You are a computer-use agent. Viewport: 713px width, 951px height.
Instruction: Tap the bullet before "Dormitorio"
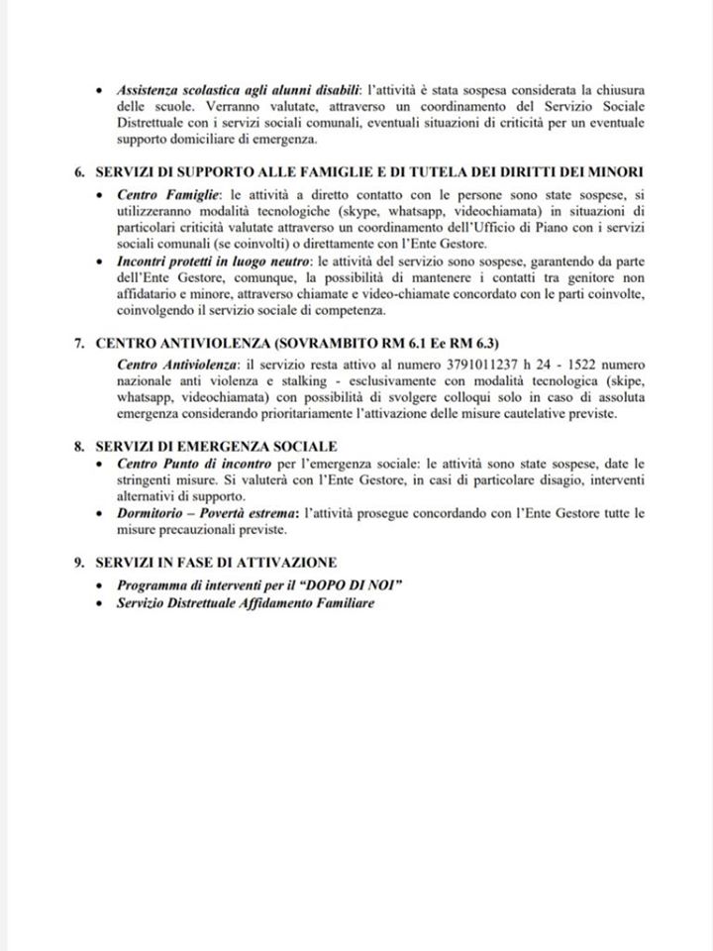pyautogui.click(x=104, y=514)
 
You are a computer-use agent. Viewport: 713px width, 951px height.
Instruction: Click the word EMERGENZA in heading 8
pyautogui.click(x=223, y=447)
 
